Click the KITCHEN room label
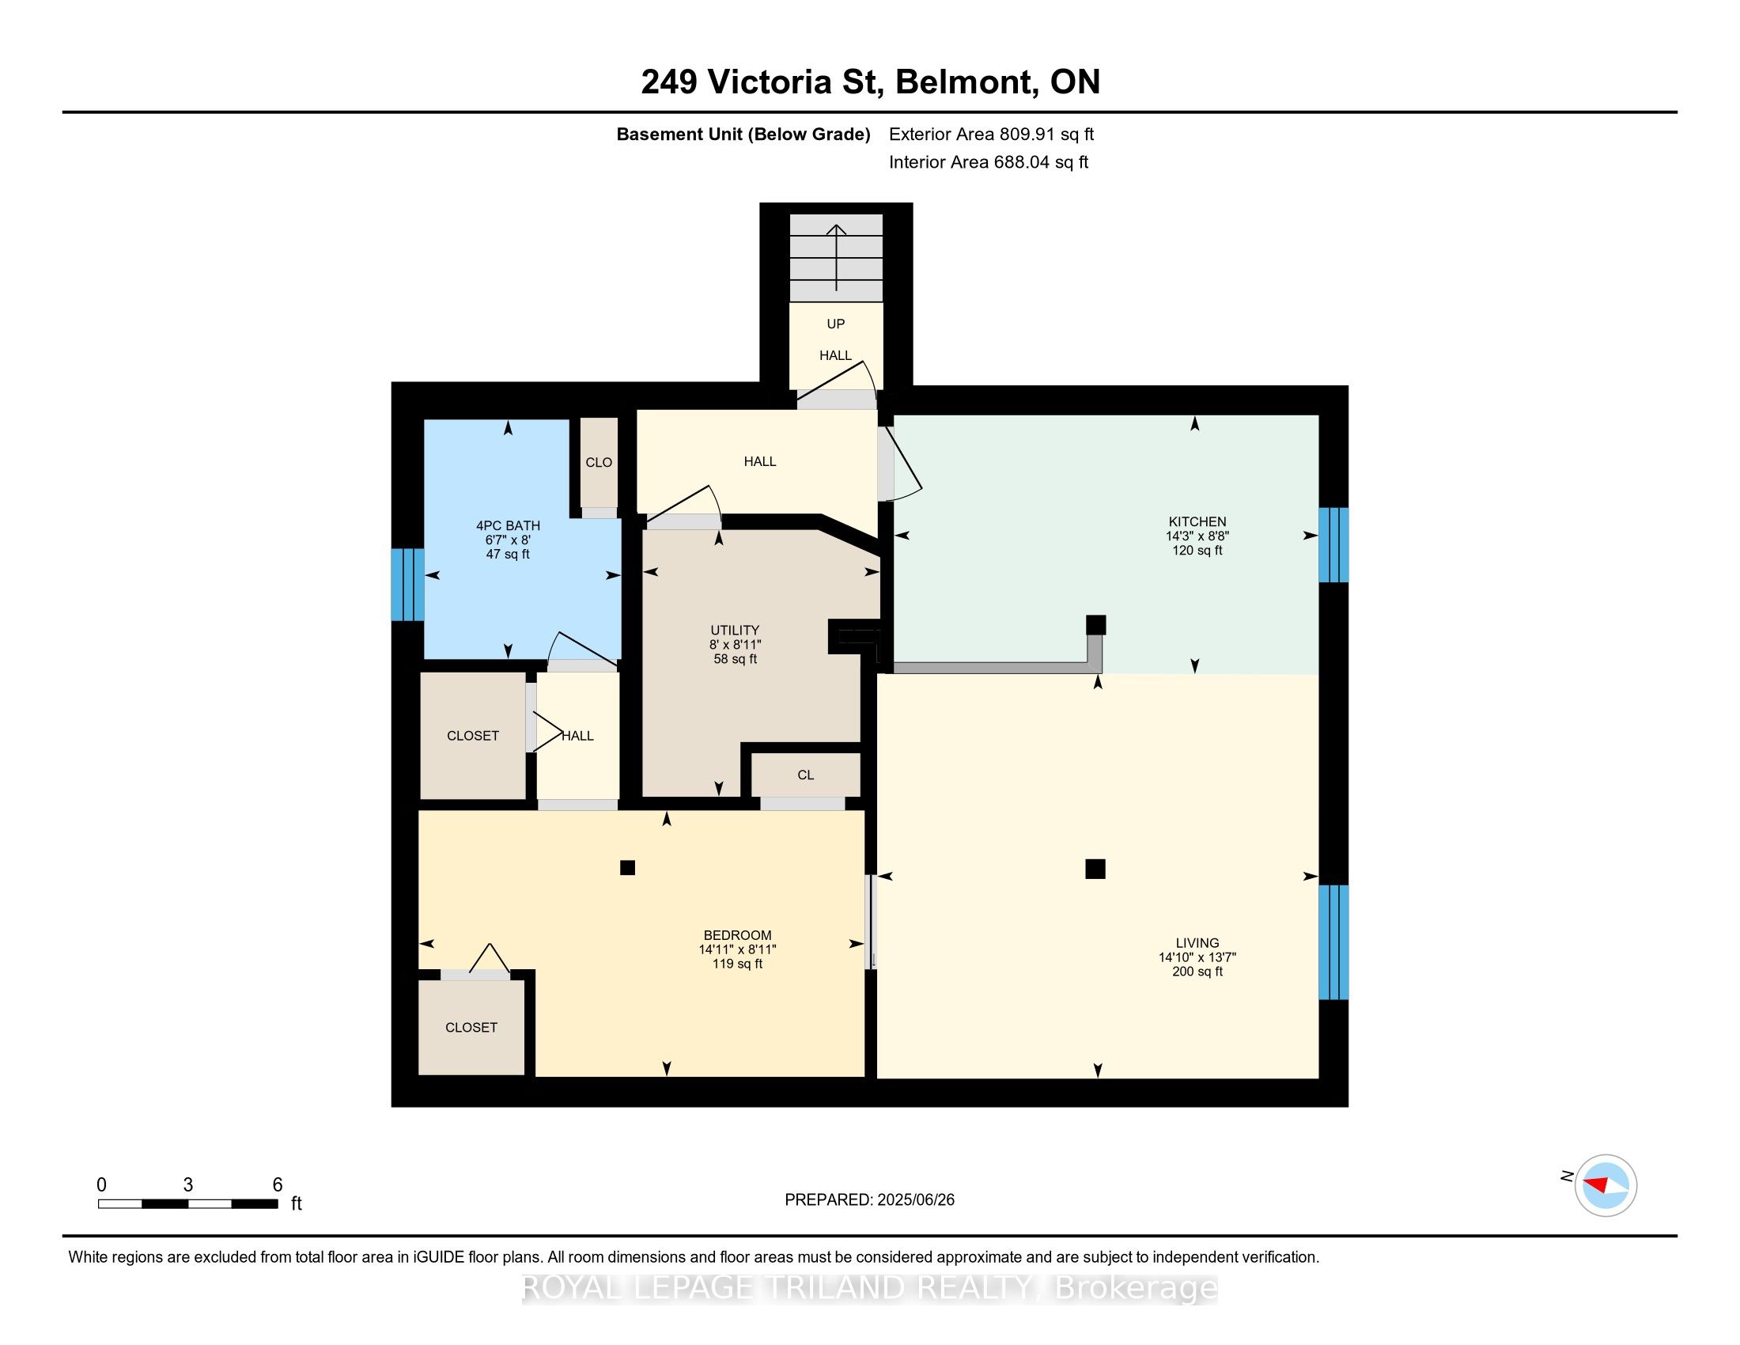[x=1197, y=522]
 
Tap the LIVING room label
[x=1197, y=942]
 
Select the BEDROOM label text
[x=737, y=935]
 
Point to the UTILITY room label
[x=735, y=631]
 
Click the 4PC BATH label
[x=509, y=526]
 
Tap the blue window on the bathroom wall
[x=407, y=584]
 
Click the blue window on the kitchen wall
[x=1333, y=545]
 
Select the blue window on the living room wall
[x=1333, y=941]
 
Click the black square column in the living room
[x=1095, y=869]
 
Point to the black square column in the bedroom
[x=628, y=868]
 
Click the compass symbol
[x=1606, y=1186]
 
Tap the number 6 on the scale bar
[x=278, y=1185]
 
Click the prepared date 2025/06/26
[x=915, y=1200]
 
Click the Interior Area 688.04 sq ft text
[x=989, y=162]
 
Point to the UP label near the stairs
[x=836, y=324]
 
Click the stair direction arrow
[x=836, y=257]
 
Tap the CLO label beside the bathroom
[x=600, y=463]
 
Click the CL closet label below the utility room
[x=805, y=775]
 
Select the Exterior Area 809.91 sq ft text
[x=992, y=134]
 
